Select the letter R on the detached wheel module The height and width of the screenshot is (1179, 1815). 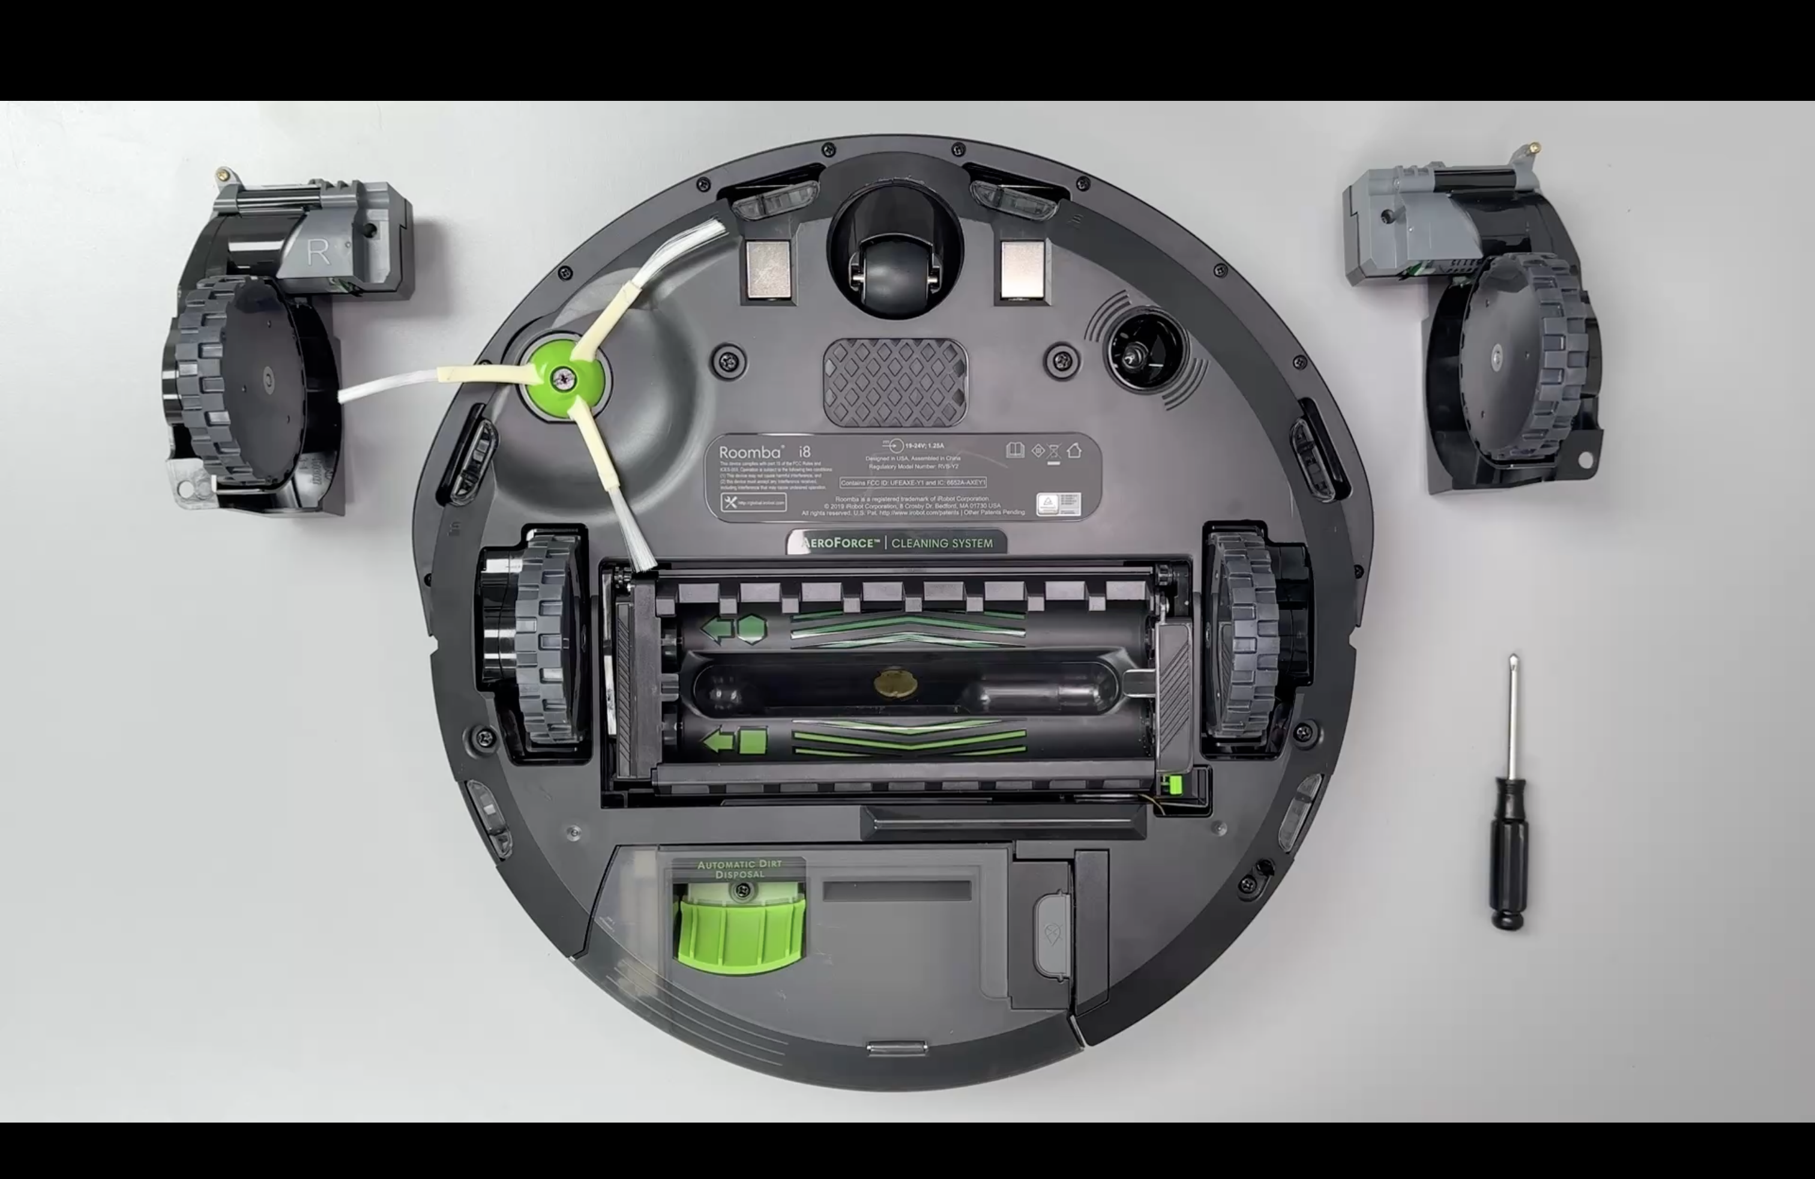pos(318,252)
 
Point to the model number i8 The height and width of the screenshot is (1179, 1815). pos(804,451)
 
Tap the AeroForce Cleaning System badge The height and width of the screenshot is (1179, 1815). pos(897,543)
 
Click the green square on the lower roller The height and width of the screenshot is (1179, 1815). pos(753,741)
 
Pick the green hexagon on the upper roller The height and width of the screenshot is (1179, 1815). pos(751,629)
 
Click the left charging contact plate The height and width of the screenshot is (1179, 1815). pos(765,269)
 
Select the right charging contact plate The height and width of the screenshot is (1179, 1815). pos(1022,268)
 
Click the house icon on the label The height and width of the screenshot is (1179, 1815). pos(1074,451)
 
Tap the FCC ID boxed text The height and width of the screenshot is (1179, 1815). pos(913,483)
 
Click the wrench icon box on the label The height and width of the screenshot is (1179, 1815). pos(753,502)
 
